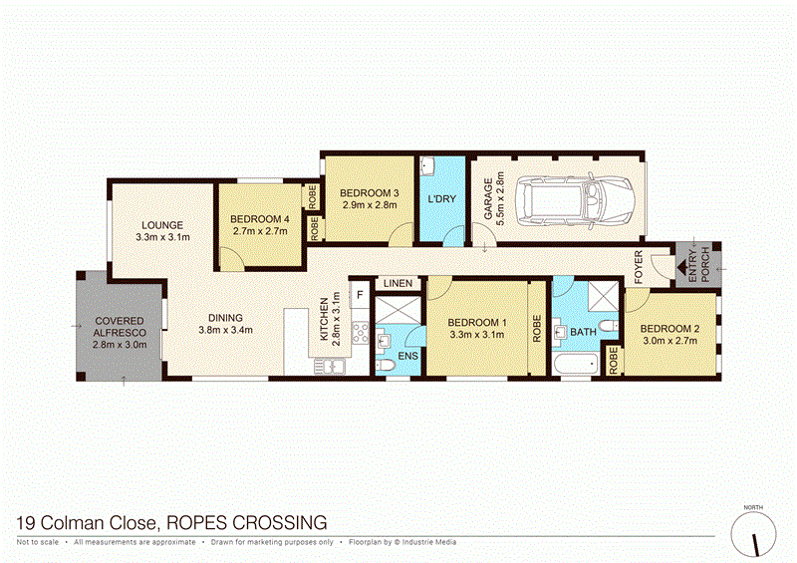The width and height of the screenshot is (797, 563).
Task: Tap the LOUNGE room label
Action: [162, 224]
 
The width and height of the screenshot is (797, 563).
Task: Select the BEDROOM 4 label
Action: [259, 218]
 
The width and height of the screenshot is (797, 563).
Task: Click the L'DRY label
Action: [440, 199]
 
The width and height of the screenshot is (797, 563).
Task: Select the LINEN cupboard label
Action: [398, 284]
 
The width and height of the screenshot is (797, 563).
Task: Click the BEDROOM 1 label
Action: [476, 322]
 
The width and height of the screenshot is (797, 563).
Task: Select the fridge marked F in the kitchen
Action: [360, 296]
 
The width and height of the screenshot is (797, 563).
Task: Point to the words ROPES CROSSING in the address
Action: [247, 521]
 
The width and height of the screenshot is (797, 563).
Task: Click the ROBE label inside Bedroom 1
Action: [536, 330]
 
